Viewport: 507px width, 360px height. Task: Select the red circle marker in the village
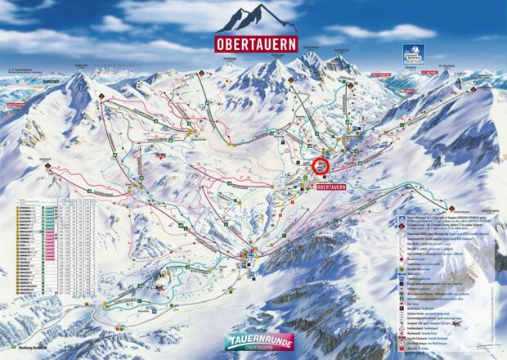(323, 166)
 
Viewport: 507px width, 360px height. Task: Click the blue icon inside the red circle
(323, 166)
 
